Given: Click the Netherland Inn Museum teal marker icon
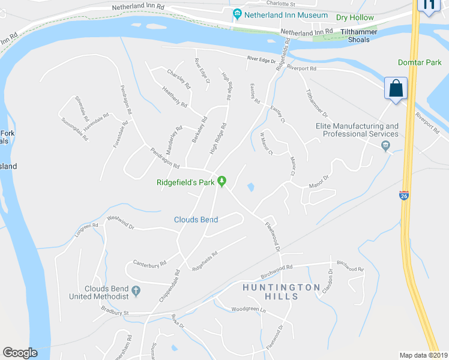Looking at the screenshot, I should point(237,14).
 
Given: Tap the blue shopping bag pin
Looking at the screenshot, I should point(396,89).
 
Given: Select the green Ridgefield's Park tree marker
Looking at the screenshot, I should point(221,180).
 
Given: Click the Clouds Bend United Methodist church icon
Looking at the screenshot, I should point(136,292).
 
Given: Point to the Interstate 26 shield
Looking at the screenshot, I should point(403,196).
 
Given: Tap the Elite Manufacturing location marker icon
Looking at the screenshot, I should point(385,145).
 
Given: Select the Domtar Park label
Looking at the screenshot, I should point(420,62).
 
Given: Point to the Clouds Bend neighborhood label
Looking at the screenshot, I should point(196,220).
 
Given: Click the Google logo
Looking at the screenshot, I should point(20,353).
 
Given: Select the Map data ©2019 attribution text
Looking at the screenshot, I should point(423,355).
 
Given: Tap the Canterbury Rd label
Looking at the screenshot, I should point(149,263).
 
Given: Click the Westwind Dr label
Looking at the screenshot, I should point(120,223).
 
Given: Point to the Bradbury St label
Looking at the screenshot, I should point(115,311).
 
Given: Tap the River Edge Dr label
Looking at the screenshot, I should point(261,60).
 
